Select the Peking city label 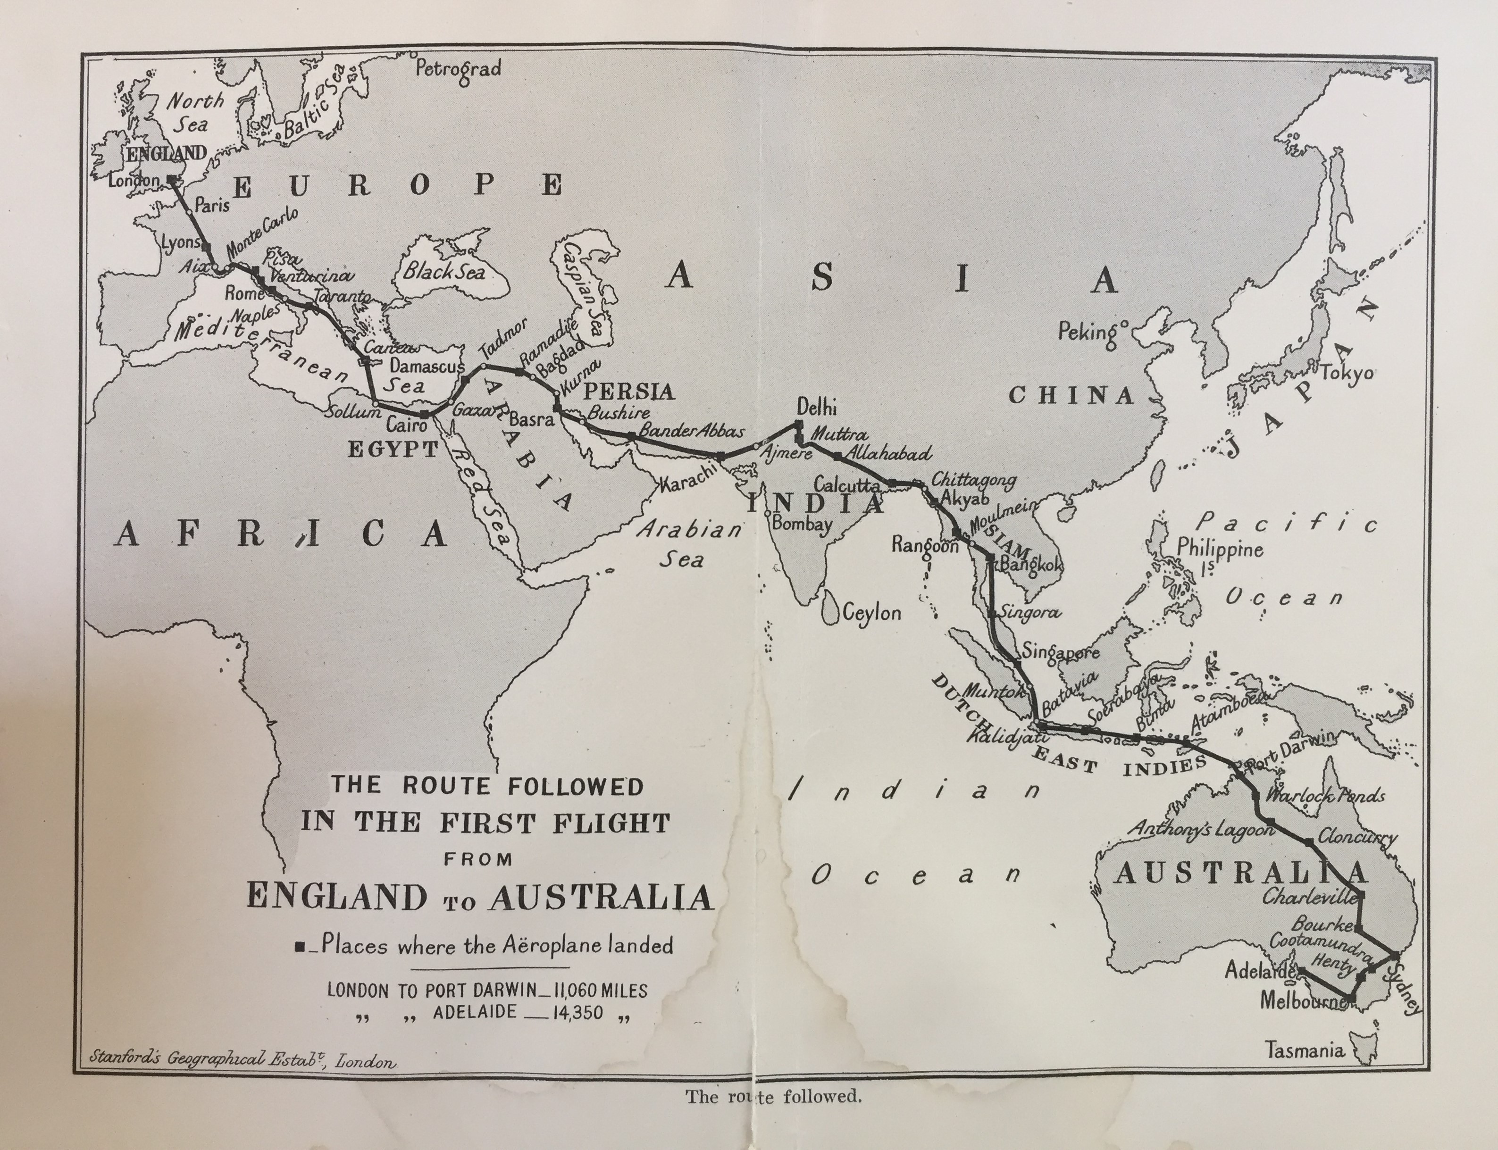pyautogui.click(x=1088, y=333)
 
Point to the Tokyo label pyautogui.click(x=1347, y=373)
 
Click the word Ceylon pyautogui.click(x=871, y=612)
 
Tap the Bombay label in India pyautogui.click(x=802, y=525)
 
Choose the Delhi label pyautogui.click(x=817, y=408)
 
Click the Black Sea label pyautogui.click(x=443, y=272)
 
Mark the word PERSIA pyautogui.click(x=628, y=392)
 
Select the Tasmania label pyautogui.click(x=1304, y=1050)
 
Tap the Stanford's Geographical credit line pyautogui.click(x=243, y=1059)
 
